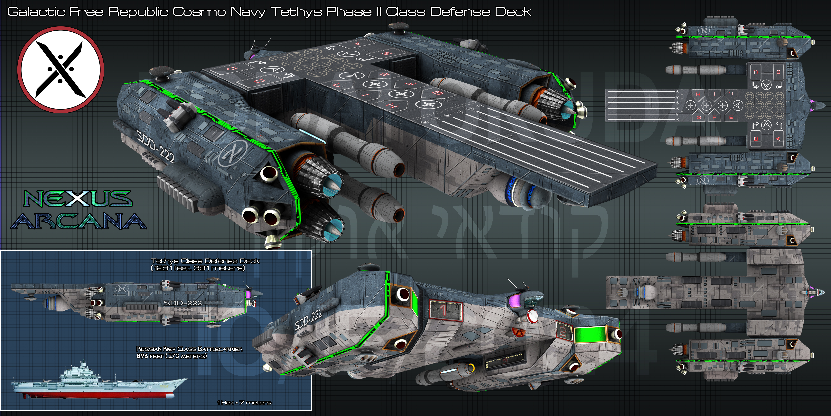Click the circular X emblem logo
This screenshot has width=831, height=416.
coord(61,70)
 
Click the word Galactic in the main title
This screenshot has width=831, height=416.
coord(36,12)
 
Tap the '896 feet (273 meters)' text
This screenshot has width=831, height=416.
coord(172,356)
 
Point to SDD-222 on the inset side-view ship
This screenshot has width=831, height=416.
coord(183,303)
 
